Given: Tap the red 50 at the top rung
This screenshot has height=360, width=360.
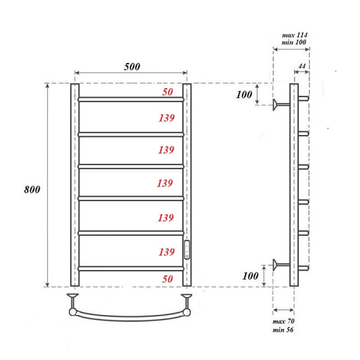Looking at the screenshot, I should pyautogui.click(x=167, y=92).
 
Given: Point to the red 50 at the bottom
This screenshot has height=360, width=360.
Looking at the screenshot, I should pyautogui.click(x=167, y=279).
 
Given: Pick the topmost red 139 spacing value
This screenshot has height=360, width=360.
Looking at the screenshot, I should pyautogui.click(x=166, y=118).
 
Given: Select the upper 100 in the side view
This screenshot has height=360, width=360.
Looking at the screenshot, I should pyautogui.click(x=244, y=95).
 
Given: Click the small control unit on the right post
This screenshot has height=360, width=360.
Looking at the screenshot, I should pyautogui.click(x=188, y=249).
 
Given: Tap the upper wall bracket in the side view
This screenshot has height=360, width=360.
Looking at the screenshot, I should pyautogui.click(x=279, y=105).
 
